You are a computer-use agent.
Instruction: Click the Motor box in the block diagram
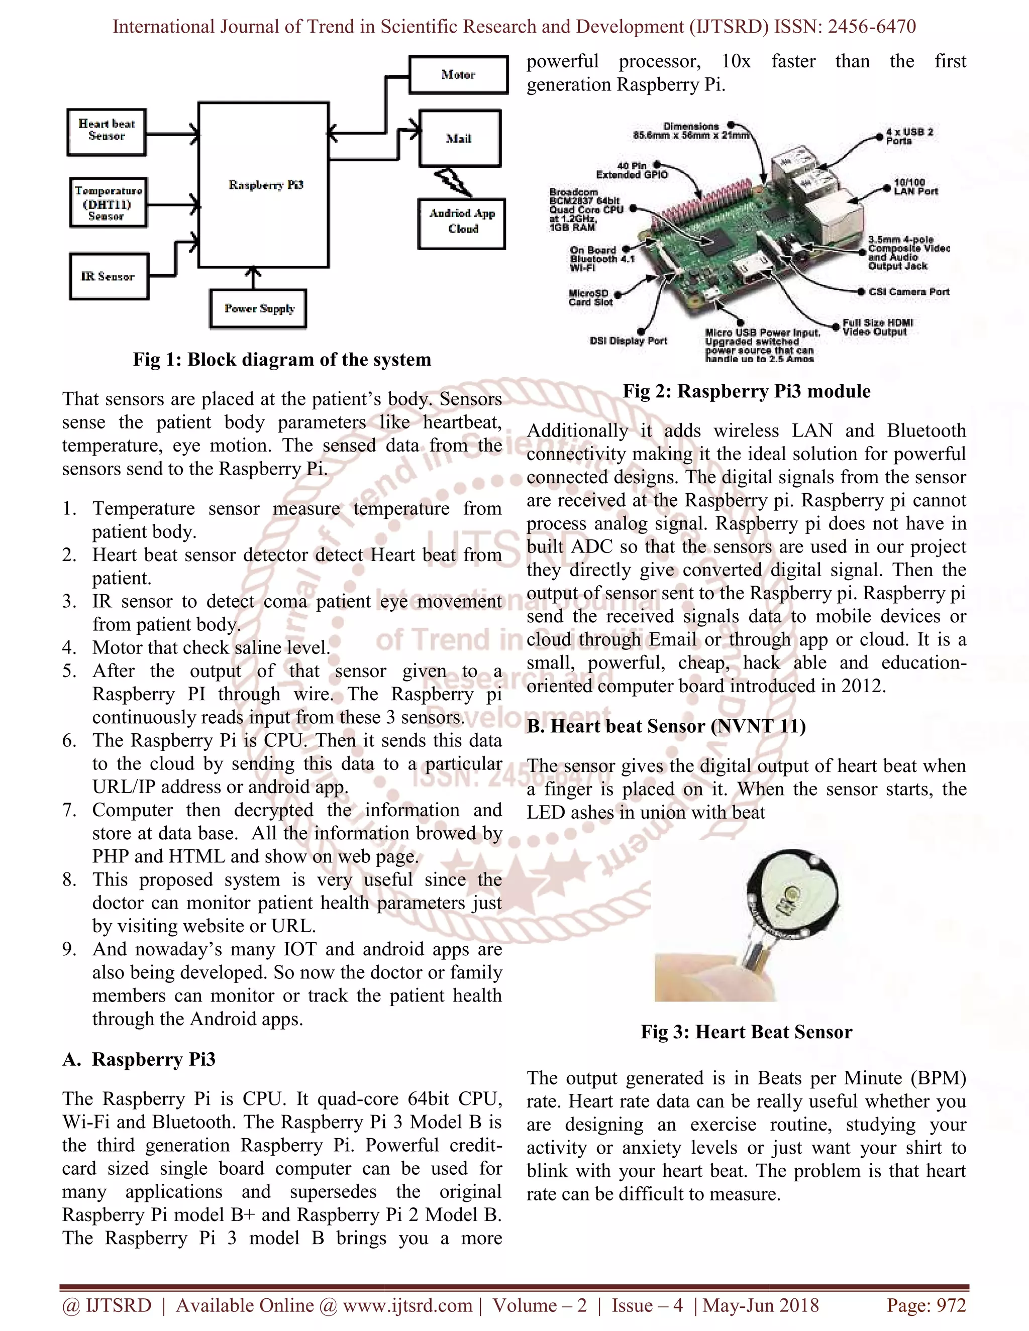pos(458,75)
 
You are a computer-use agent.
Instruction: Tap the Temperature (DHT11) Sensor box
pos(108,203)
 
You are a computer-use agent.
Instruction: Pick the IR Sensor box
pos(109,277)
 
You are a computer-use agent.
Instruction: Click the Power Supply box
pos(258,308)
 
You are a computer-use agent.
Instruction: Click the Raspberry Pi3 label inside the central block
pos(266,185)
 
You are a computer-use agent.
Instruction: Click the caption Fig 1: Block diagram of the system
pos(282,360)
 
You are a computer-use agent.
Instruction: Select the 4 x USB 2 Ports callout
pos(909,136)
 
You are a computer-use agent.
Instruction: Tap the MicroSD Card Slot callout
pos(589,297)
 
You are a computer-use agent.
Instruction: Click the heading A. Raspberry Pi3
pos(139,1060)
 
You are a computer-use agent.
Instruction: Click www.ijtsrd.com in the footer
pos(407,1305)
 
